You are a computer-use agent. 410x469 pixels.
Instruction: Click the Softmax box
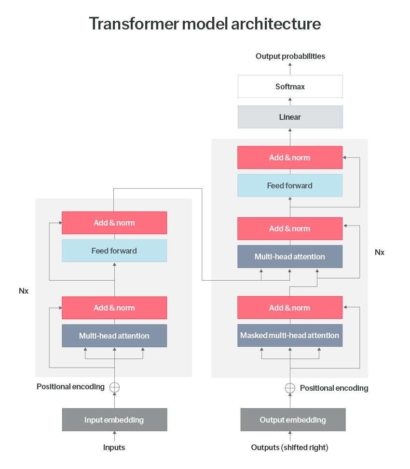(290, 87)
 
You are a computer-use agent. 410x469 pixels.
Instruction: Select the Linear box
(290, 117)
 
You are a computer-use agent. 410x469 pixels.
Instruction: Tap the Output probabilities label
(290, 56)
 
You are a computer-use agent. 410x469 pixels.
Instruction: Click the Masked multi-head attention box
(290, 335)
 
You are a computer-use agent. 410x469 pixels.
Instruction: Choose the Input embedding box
(114, 420)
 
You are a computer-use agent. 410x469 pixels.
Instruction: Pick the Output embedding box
(293, 420)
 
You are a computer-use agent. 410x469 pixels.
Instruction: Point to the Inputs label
(114, 447)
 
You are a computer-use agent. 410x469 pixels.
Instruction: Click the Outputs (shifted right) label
(289, 447)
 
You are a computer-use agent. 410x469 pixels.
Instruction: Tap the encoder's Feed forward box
(114, 251)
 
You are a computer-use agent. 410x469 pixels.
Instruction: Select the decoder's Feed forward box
(290, 185)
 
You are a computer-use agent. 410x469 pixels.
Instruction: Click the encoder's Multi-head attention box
(114, 336)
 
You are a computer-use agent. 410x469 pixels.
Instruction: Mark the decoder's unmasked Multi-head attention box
(290, 256)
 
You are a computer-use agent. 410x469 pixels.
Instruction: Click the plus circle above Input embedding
(114, 387)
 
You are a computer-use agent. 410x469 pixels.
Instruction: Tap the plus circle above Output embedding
(290, 388)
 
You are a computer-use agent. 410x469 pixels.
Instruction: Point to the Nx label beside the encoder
(24, 291)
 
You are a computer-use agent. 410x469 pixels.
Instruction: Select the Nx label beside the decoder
(380, 252)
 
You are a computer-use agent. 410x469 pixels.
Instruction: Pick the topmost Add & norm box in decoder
(290, 157)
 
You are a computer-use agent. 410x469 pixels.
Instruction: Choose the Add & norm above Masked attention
(290, 308)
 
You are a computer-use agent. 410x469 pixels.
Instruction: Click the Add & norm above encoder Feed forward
(114, 223)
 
